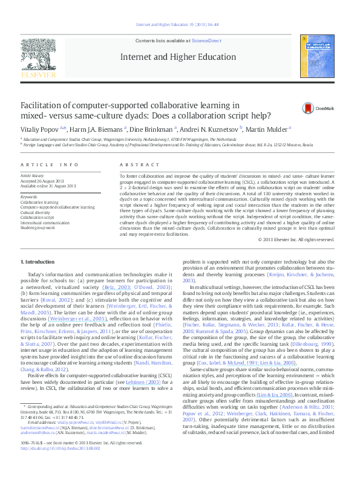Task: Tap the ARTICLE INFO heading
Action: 50,165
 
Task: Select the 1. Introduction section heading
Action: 38,262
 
